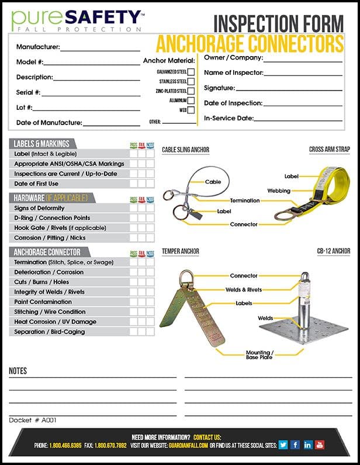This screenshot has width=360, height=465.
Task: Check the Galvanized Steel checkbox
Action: coord(191,72)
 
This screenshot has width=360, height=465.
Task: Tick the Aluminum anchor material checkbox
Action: coord(191,100)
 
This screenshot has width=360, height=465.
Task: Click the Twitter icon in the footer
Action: coord(283,445)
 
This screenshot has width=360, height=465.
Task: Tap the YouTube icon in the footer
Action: coord(320,445)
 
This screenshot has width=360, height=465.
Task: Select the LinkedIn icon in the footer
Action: coord(308,445)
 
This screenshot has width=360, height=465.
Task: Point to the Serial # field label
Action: coord(28,92)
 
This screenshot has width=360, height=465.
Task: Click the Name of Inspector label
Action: coord(233,73)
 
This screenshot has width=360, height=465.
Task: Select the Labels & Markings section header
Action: coord(41,144)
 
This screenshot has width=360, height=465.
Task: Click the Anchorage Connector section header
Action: coord(48,252)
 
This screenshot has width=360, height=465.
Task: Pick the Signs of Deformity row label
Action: coord(39,208)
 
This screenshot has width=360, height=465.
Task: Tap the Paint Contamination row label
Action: coord(43,302)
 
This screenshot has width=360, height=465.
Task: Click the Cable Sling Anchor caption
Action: coord(185,150)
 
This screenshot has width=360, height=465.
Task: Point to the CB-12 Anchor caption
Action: coord(334,252)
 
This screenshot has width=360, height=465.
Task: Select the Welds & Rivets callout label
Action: coord(244,290)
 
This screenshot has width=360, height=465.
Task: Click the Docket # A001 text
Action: coord(33,420)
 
